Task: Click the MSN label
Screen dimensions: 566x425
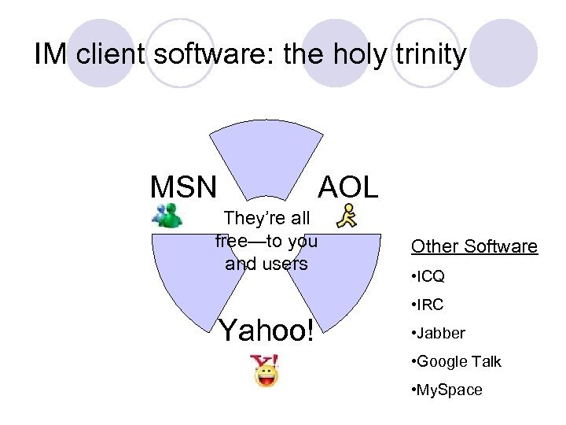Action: coord(182,187)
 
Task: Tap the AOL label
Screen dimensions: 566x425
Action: coord(347,187)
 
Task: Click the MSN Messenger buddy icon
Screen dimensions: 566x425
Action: coord(167,216)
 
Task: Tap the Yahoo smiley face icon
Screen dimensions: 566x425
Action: coord(266,370)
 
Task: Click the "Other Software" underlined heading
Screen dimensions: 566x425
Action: coord(474,246)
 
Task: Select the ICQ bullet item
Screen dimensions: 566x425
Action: coord(428,277)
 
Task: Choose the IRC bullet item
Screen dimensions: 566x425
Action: coord(428,305)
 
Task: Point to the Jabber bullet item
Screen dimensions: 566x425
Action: coord(439,333)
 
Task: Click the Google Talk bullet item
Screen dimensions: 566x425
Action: coord(456,361)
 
